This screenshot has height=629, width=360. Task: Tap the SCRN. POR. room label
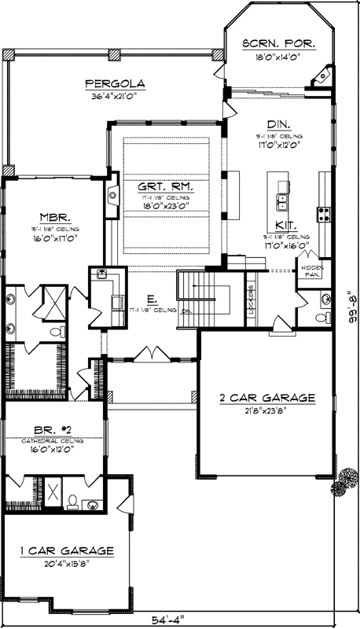pyautogui.click(x=279, y=44)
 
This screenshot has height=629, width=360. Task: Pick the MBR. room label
pyautogui.click(x=55, y=216)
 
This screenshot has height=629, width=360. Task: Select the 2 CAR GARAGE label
pyautogui.click(x=267, y=398)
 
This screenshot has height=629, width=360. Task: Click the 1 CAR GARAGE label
pyautogui.click(x=64, y=550)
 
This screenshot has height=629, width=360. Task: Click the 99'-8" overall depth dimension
pyautogui.click(x=351, y=308)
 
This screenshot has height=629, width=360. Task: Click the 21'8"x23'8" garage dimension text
pyautogui.click(x=267, y=410)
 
